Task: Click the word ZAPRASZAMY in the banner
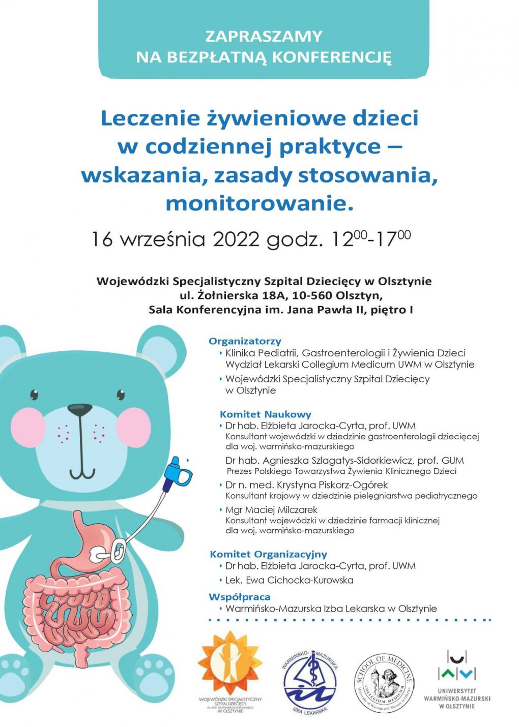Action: [264, 36]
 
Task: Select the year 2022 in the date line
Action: [236, 239]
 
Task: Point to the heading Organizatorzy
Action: [245, 341]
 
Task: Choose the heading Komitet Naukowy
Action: [265, 414]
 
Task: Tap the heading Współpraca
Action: [239, 596]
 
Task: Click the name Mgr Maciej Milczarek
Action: [271, 509]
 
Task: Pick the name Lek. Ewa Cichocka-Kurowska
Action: [289, 580]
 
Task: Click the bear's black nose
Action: [80, 409]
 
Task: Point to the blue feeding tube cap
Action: [181, 470]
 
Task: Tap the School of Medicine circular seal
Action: [384, 682]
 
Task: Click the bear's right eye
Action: [121, 394]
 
